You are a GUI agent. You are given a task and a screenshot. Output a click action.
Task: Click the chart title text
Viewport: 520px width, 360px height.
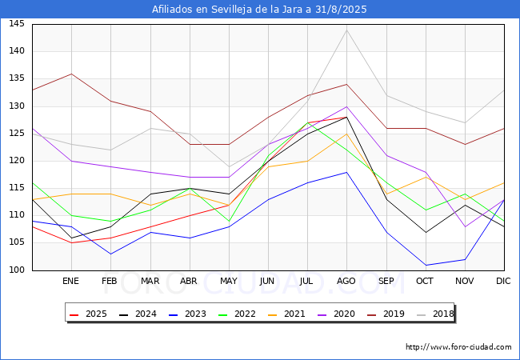point(259,9)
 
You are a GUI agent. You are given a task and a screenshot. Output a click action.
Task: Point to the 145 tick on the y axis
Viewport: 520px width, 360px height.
point(17,24)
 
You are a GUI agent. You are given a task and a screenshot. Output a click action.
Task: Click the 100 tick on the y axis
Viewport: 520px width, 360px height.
point(17,270)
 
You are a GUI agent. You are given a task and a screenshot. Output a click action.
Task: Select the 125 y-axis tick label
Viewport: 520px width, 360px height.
point(17,134)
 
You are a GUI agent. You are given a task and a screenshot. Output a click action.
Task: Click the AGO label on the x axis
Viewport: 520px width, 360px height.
point(346,282)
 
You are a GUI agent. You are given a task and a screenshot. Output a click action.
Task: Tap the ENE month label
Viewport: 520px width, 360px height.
point(71,282)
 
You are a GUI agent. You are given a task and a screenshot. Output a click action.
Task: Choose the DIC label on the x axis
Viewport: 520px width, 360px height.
point(503,282)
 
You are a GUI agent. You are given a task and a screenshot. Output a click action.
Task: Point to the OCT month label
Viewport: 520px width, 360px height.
point(425,282)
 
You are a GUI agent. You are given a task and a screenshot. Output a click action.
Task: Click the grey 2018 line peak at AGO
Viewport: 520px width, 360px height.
point(346,30)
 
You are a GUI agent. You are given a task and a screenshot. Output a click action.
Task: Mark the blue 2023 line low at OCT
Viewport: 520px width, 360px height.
point(425,265)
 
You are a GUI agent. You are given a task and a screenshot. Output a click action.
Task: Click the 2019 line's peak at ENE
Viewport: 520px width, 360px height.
point(71,74)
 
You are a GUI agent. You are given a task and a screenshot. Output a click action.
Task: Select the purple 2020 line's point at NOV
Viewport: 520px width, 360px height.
point(464,226)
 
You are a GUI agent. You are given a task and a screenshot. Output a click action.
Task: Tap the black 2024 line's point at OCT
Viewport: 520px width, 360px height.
point(425,232)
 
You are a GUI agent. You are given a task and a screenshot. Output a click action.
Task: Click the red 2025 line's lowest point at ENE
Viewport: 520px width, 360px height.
point(71,242)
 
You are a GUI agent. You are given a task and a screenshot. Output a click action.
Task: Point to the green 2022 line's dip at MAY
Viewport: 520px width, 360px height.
point(229,222)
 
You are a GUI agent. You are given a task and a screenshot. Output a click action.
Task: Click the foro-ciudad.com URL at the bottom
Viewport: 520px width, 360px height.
point(458,347)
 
